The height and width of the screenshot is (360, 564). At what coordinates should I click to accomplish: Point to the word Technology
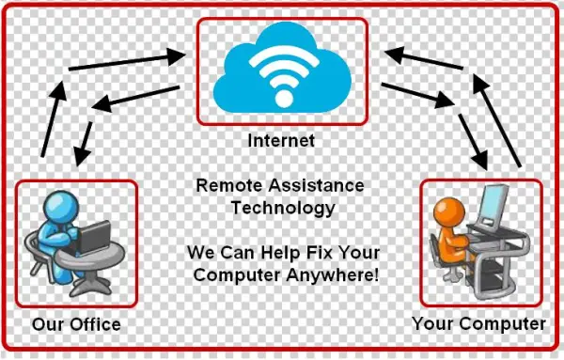(x=283, y=208)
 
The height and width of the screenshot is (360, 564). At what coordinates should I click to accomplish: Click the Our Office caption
(x=76, y=324)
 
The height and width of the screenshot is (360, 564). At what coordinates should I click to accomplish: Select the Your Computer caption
(x=478, y=324)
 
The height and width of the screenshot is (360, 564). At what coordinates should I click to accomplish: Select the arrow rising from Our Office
(x=51, y=117)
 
